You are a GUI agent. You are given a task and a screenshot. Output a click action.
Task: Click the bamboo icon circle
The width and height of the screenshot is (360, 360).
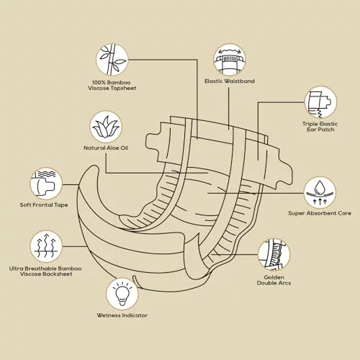coord(112,60)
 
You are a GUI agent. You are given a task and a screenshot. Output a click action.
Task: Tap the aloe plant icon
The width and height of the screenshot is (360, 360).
coord(106,127)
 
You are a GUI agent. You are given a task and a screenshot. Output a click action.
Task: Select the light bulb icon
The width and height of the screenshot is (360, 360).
coord(122,294)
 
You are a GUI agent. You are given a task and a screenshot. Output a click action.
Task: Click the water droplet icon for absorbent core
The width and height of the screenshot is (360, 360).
coord(320,194)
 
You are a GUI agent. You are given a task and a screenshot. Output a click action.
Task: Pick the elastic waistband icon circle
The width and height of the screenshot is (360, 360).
coord(230,60)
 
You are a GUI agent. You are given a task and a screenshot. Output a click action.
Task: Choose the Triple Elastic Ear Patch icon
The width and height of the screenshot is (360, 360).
coord(320,102)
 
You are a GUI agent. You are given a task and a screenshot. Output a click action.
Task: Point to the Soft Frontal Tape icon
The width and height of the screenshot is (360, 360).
coord(46,184)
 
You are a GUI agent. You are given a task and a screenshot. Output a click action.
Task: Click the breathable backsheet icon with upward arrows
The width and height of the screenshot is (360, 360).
coord(46,247)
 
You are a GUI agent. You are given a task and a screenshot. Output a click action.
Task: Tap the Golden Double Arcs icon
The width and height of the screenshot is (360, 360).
coord(274,255)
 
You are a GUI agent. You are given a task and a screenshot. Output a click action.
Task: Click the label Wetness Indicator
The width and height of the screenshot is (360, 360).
coord(122,315)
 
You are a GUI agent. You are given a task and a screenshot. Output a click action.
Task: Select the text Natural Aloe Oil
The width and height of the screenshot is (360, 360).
coord(106,148)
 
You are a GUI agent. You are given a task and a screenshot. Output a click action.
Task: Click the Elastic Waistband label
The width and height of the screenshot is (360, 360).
coord(230,81)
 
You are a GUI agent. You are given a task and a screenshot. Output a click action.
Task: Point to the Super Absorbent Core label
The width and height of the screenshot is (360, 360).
coord(320,213)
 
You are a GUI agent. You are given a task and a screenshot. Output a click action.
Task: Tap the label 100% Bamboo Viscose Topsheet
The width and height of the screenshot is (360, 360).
coord(112,86)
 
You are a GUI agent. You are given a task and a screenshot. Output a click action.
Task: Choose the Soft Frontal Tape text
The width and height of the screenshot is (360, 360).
coord(44,204)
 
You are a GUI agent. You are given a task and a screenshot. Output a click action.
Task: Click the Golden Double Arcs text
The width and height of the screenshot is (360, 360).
coord(274,280)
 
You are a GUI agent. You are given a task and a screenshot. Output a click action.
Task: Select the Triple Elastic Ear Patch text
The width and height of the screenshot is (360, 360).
coord(320,127)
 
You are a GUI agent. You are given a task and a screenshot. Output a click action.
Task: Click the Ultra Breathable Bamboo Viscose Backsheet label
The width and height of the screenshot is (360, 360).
coord(45,271)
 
